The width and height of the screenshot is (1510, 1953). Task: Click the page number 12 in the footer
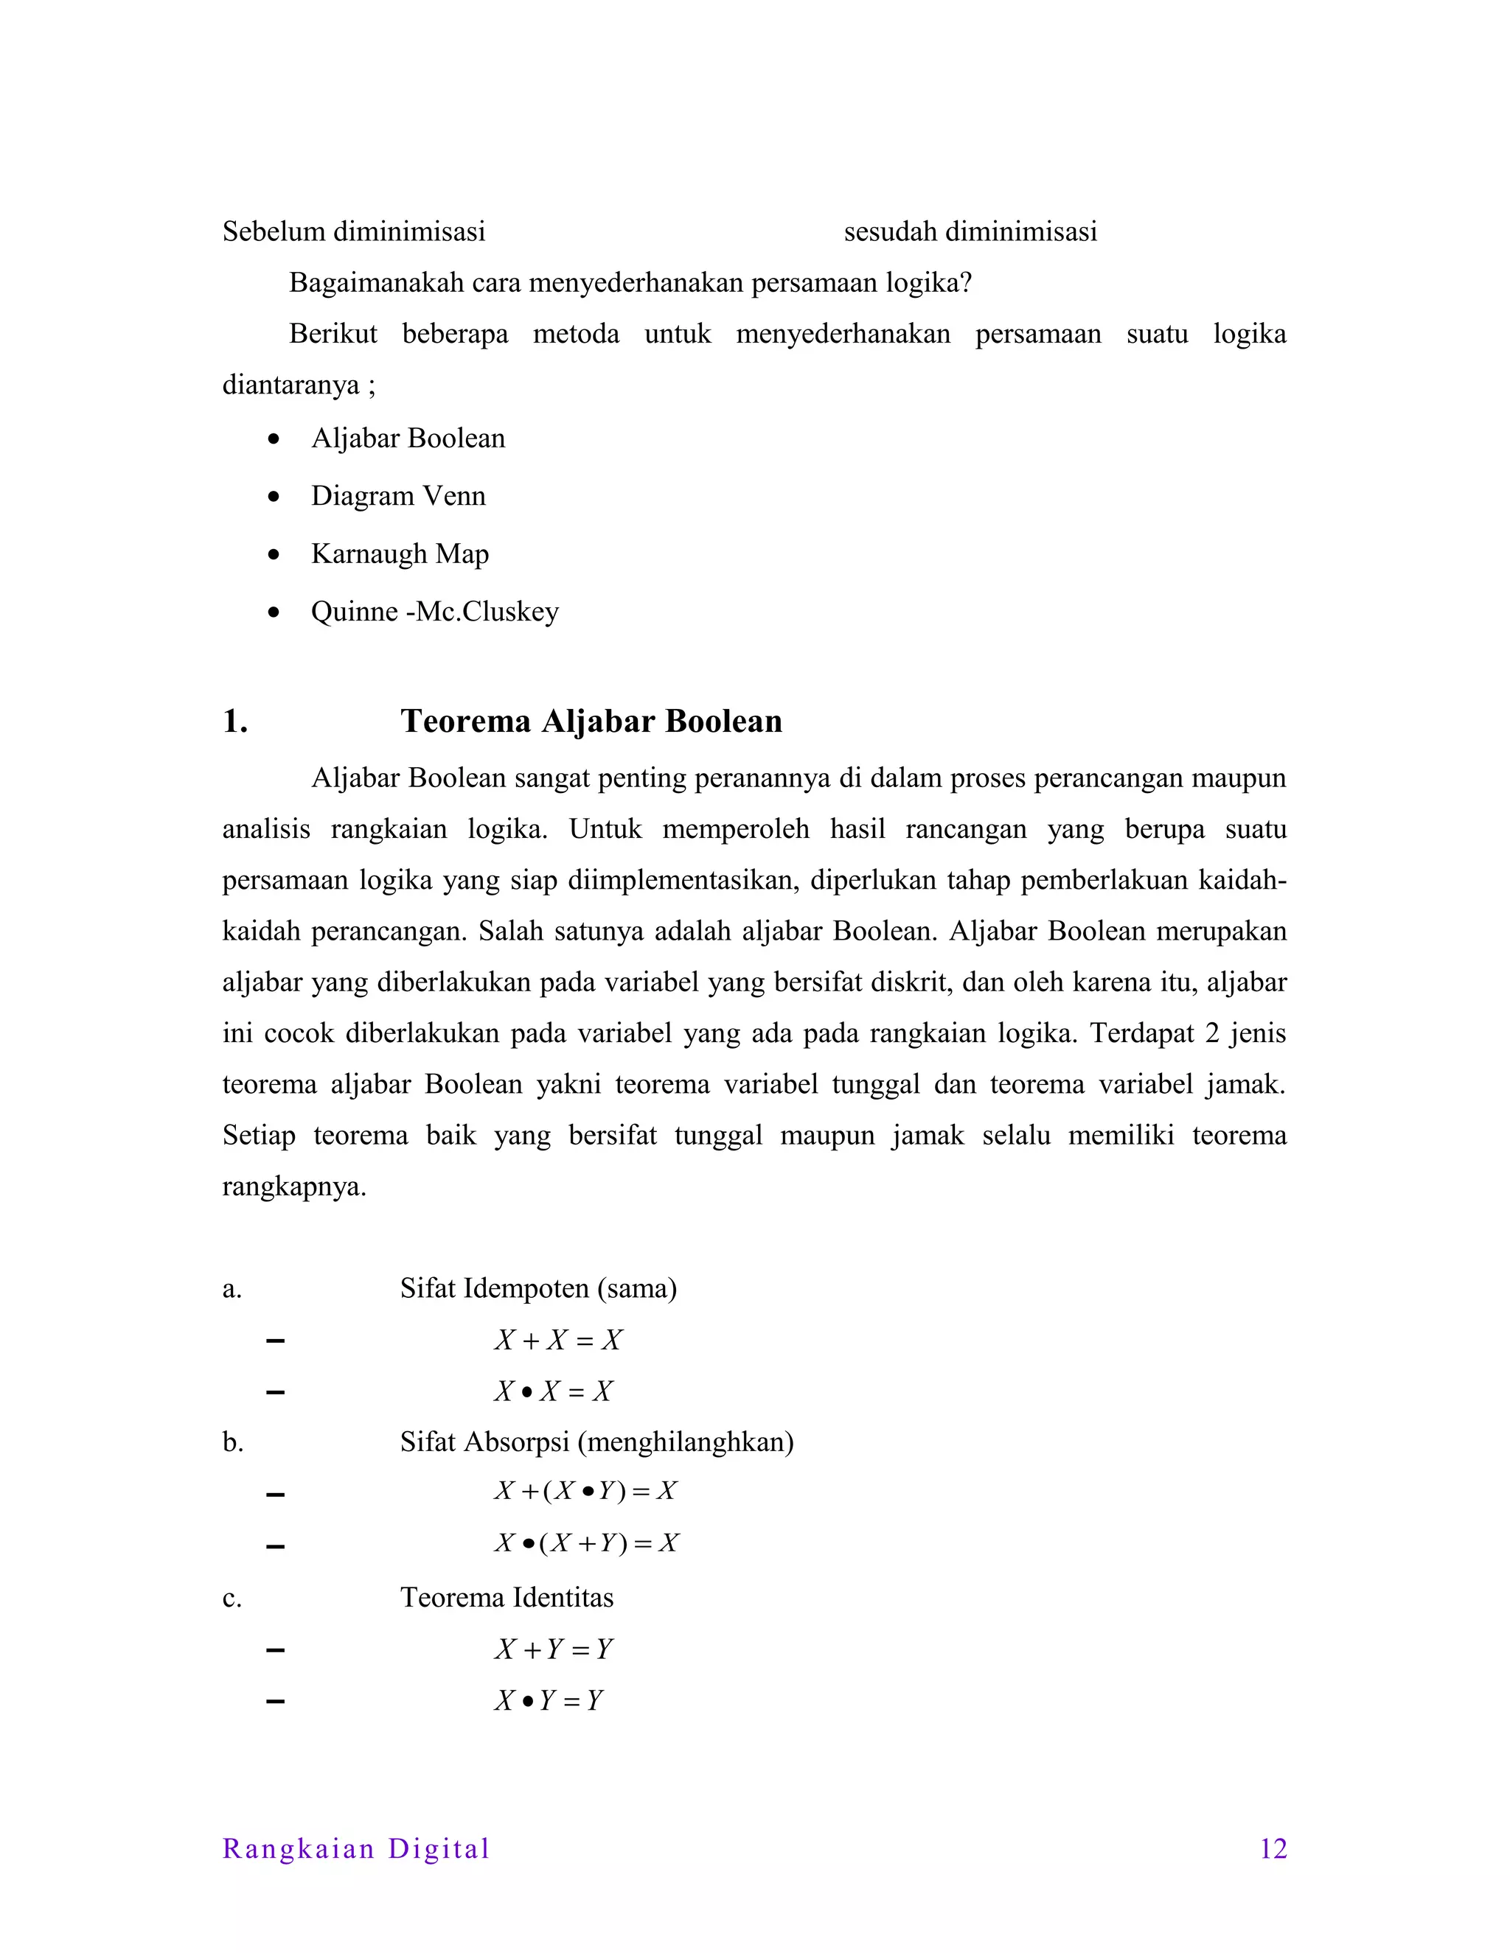[1273, 1848]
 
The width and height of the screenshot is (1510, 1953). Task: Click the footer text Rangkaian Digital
[356, 1848]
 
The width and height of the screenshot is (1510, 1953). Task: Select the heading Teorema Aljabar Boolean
[591, 721]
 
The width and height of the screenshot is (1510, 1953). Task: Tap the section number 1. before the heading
[234, 721]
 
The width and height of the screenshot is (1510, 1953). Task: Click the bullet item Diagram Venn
[398, 495]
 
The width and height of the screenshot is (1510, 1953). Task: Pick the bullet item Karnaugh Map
[400, 553]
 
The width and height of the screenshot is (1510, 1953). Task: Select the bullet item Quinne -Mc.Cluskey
[435, 612]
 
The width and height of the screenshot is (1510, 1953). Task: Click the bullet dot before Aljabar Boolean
[274, 439]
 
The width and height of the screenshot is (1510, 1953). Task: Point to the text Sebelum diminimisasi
[353, 231]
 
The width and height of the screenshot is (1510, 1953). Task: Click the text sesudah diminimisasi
[970, 231]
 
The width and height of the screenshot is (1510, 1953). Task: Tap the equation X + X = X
[558, 1340]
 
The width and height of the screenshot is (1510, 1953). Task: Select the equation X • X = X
[554, 1391]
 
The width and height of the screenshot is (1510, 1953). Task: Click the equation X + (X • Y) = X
[586, 1491]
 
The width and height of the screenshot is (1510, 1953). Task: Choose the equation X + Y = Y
[554, 1649]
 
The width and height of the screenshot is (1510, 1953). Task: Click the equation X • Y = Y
[549, 1700]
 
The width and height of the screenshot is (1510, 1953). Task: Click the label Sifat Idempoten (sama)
[537, 1288]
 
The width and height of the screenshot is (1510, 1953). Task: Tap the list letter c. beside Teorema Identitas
[232, 1598]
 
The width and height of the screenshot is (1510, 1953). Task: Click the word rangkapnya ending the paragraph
[293, 1187]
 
